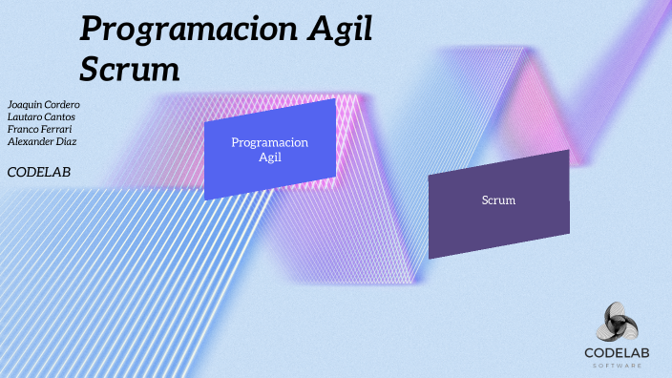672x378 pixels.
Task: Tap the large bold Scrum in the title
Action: [x=129, y=69]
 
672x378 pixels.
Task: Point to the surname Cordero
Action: [x=62, y=103]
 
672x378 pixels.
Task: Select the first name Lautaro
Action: [x=25, y=115]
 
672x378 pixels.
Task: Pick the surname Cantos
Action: [x=62, y=115]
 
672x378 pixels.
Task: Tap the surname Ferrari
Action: [x=56, y=128]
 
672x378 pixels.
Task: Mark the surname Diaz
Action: [x=67, y=141]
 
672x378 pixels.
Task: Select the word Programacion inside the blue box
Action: [x=270, y=142]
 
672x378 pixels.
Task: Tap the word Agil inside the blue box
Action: [x=270, y=157]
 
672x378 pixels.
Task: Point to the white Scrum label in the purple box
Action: [x=498, y=200]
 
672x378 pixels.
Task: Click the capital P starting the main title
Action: [x=89, y=31]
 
